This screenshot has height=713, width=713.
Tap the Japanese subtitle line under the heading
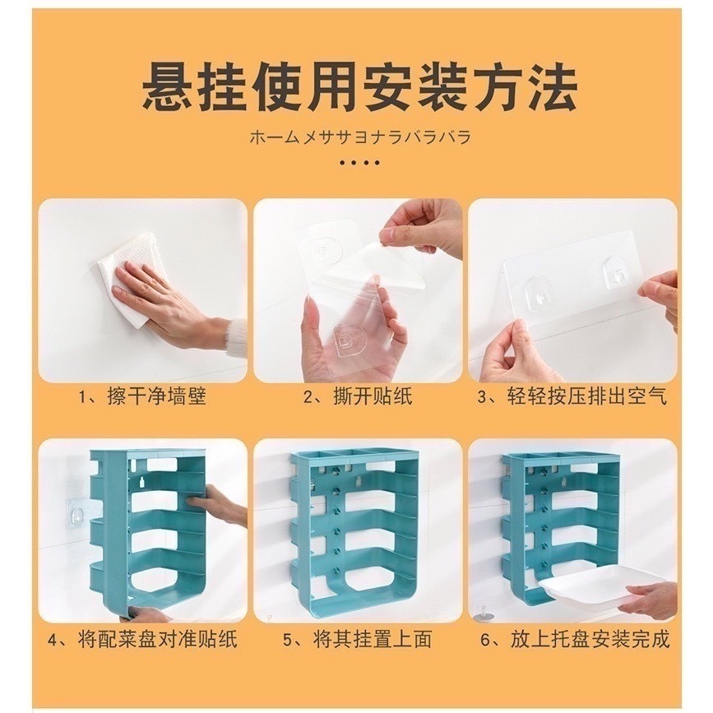click(360, 137)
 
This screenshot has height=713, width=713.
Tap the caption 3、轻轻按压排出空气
click(572, 397)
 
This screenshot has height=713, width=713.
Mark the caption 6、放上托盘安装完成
click(572, 638)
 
